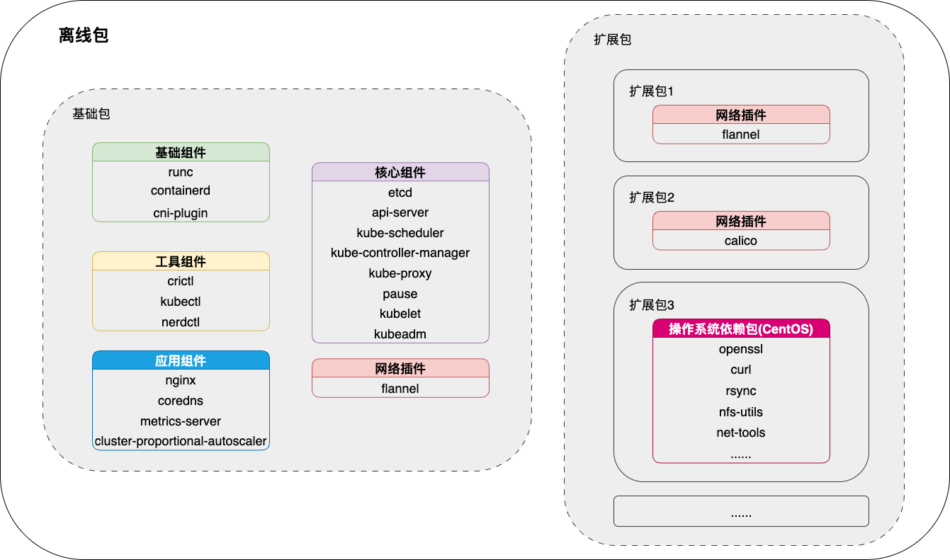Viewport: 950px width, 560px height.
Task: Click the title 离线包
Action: click(83, 36)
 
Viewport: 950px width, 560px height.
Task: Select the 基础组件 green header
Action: click(181, 152)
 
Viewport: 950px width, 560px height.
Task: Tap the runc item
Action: click(181, 172)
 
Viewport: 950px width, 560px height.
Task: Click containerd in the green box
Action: click(181, 190)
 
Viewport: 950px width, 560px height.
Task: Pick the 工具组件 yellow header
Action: click(181, 261)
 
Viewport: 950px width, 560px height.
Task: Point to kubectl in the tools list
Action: click(181, 302)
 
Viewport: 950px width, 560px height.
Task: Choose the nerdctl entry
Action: click(181, 322)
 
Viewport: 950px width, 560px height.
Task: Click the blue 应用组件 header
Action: click(181, 360)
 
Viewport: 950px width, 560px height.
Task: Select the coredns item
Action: click(181, 401)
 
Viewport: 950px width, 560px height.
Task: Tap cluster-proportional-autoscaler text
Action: click(181, 441)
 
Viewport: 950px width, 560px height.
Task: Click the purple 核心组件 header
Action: click(400, 172)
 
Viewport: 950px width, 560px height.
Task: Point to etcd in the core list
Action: click(400, 193)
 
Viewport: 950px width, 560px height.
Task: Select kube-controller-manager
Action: click(400, 253)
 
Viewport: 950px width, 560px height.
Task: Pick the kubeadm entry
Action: click(400, 333)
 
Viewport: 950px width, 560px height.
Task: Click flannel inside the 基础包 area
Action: click(400, 388)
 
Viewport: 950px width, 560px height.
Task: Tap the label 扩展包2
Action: click(652, 198)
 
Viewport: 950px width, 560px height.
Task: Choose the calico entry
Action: click(741, 241)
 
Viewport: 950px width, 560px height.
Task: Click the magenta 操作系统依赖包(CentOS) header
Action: click(741, 328)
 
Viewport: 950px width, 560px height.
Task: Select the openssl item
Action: click(741, 349)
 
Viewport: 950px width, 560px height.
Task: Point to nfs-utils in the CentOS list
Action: click(741, 412)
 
